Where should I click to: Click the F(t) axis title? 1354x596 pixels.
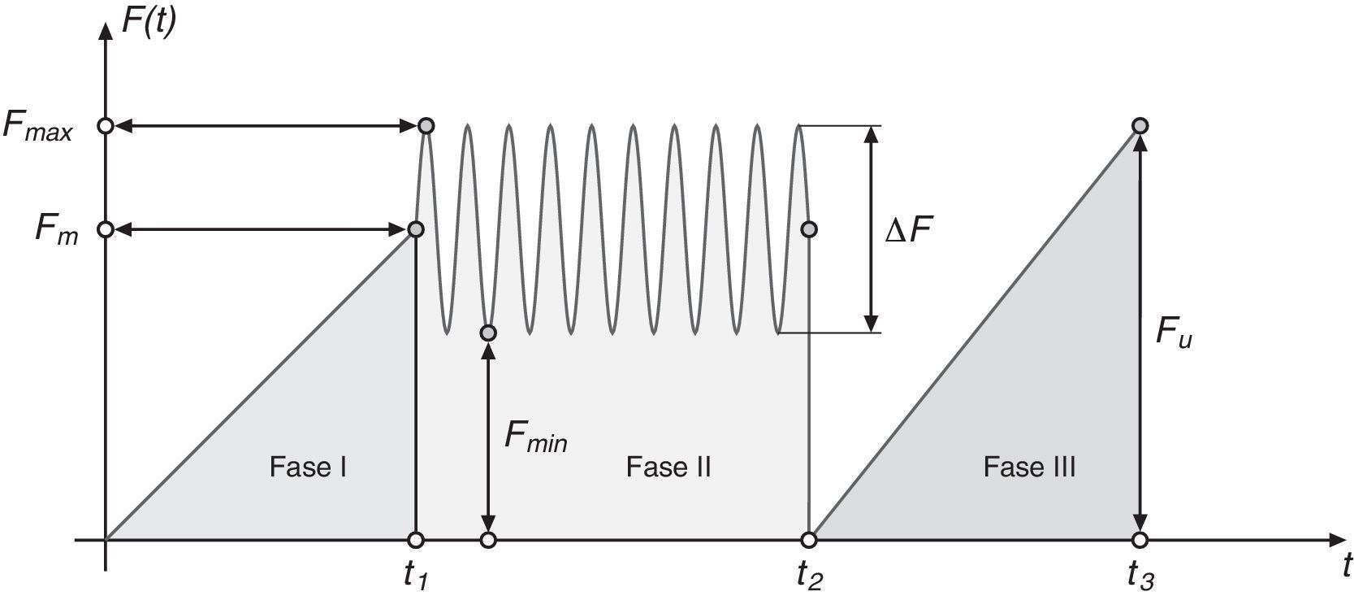click(x=148, y=19)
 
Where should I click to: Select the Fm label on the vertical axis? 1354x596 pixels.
click(x=56, y=230)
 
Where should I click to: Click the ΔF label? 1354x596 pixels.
click(x=909, y=232)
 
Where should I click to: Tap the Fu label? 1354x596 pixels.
click(x=1173, y=333)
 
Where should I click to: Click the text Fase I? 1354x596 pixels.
click(x=309, y=468)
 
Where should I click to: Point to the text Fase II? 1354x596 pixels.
click(x=668, y=468)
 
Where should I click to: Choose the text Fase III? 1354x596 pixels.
click(x=1029, y=468)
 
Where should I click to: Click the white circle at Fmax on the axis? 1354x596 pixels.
click(x=105, y=126)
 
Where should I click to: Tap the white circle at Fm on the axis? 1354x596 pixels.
click(x=105, y=229)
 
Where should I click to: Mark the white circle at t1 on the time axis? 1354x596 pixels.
click(x=416, y=540)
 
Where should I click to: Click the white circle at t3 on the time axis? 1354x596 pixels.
click(x=1140, y=540)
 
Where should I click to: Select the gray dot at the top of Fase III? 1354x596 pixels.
click(x=1140, y=126)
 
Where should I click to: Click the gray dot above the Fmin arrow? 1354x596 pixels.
click(x=487, y=333)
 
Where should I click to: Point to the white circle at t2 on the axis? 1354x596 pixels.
click(x=809, y=540)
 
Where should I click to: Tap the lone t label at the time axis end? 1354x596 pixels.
click(x=1347, y=563)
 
